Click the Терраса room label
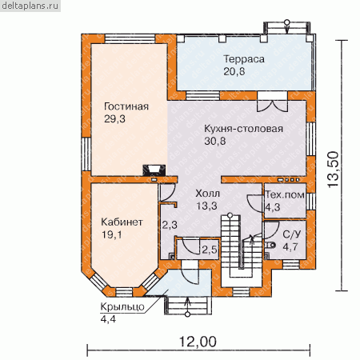click(x=244, y=59)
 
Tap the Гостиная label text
click(x=126, y=106)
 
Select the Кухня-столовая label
click(x=243, y=129)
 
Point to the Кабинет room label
click(x=122, y=222)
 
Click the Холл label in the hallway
click(x=207, y=194)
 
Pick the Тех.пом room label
click(x=285, y=195)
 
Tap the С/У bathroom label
click(x=291, y=234)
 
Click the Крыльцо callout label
click(x=122, y=307)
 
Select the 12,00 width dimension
click(x=198, y=342)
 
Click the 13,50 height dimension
click(x=333, y=170)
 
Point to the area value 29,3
click(x=114, y=119)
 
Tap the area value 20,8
click(x=234, y=71)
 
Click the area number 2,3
click(x=170, y=225)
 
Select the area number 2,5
click(x=210, y=250)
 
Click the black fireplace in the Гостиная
click(x=154, y=170)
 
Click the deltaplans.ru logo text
click(x=30, y=6)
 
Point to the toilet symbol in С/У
click(x=270, y=245)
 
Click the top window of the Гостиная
click(x=130, y=38)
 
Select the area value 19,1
click(x=112, y=234)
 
